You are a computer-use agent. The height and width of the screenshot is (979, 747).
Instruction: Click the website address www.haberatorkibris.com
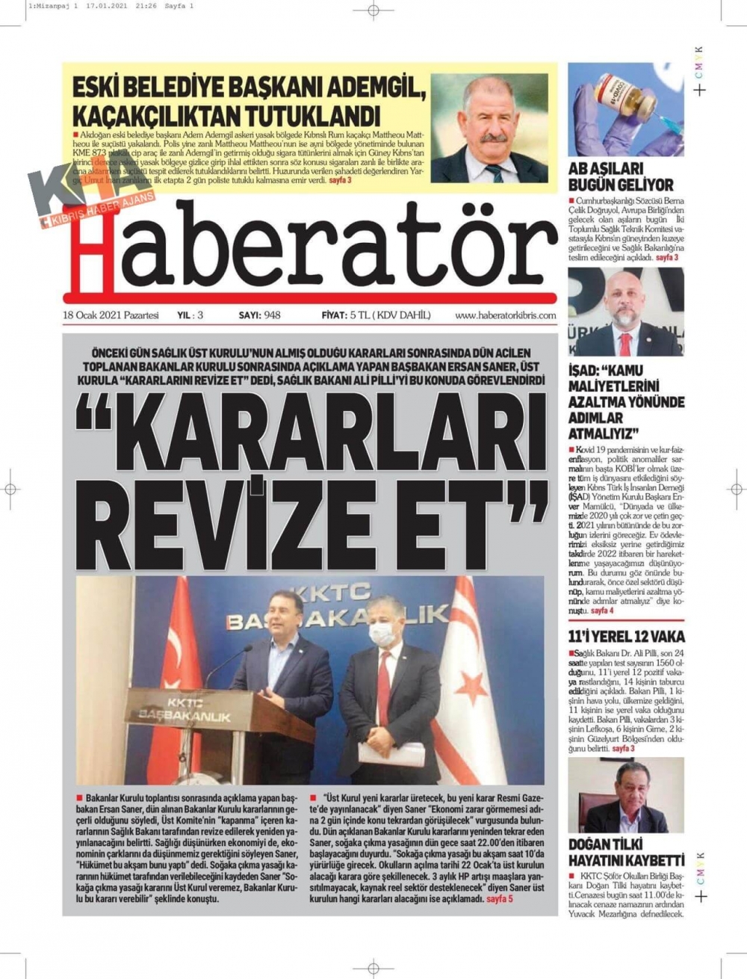coord(505,315)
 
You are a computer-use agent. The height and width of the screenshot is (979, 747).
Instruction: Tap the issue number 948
coord(271,315)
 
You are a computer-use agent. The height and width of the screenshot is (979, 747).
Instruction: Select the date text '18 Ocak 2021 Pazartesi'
coord(111,315)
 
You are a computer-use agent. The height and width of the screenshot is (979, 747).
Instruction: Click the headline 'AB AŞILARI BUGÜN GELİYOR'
coord(620,176)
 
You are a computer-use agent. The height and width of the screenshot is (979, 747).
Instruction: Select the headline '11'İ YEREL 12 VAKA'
coord(626,637)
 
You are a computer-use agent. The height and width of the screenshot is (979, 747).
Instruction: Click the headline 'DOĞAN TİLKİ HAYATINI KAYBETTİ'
coord(626,852)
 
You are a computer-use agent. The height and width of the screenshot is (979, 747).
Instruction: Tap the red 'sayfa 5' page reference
coord(499,899)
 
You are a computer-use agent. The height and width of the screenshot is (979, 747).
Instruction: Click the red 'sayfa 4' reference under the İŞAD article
coord(602,611)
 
